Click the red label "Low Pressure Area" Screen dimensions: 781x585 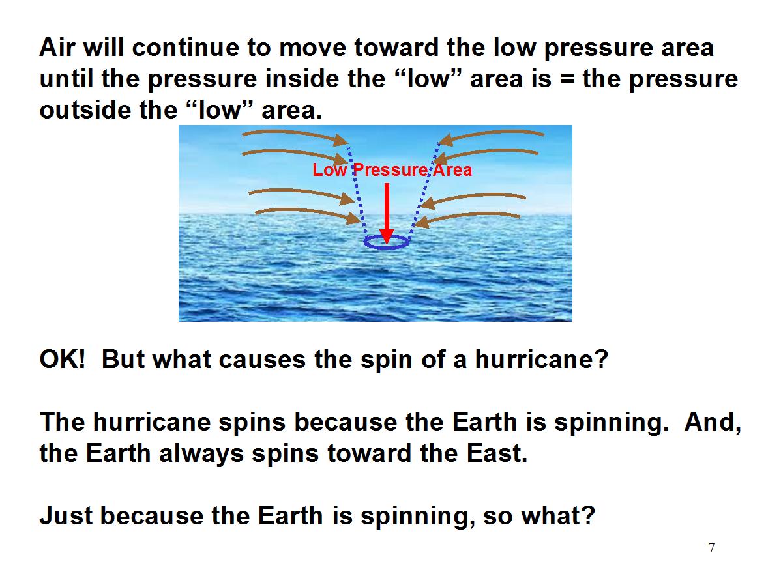(392, 170)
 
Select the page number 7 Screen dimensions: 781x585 (711, 548)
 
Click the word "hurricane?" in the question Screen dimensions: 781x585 (542, 359)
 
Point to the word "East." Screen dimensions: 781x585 (497, 453)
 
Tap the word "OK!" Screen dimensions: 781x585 (63, 359)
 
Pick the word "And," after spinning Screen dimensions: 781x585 (713, 423)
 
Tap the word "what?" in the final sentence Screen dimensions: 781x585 (558, 515)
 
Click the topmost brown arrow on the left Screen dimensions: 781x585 (294, 134)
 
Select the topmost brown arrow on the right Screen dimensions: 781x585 (491, 134)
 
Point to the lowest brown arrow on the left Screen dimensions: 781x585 (306, 212)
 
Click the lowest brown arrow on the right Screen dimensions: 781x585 (468, 216)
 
